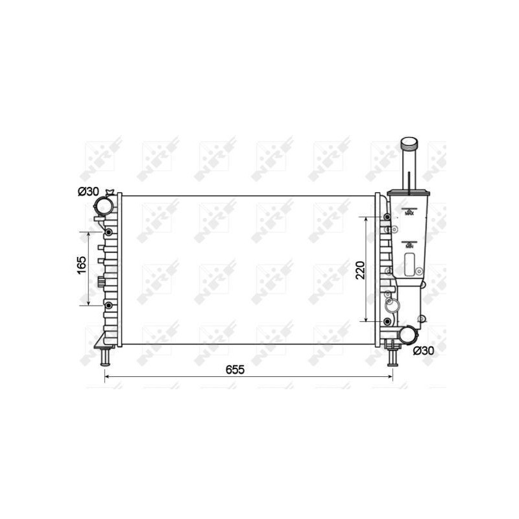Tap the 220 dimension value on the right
(x=361, y=269)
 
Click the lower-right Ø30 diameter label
(x=423, y=351)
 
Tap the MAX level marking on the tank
(x=409, y=212)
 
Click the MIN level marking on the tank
(x=409, y=245)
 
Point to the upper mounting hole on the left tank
(x=108, y=232)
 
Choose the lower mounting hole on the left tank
(x=108, y=305)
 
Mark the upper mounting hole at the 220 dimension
(x=387, y=217)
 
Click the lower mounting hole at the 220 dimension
(x=387, y=322)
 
